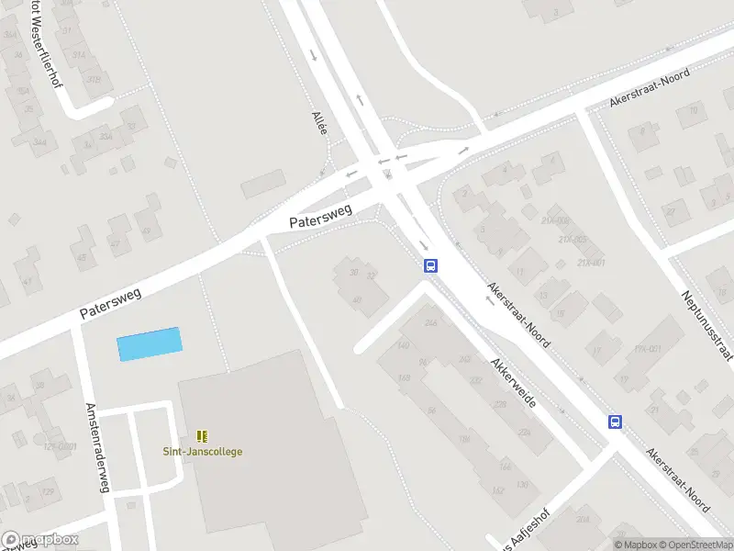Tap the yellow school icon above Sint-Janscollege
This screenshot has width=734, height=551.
pyautogui.click(x=203, y=435)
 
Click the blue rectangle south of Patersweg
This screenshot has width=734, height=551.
pyautogui.click(x=149, y=343)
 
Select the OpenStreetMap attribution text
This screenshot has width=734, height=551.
pyautogui.click(x=693, y=545)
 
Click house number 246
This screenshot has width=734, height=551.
pyautogui.click(x=431, y=323)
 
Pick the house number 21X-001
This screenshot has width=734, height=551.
pyautogui.click(x=591, y=263)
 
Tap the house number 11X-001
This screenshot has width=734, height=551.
pyautogui.click(x=647, y=349)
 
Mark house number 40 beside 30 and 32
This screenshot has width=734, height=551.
pyautogui.click(x=357, y=299)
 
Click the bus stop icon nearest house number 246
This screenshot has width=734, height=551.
pyautogui.click(x=429, y=265)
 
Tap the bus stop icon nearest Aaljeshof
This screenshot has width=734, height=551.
pyautogui.click(x=615, y=422)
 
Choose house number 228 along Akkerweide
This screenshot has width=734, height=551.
pyautogui.click(x=499, y=404)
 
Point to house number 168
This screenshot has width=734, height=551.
pyautogui.click(x=403, y=377)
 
